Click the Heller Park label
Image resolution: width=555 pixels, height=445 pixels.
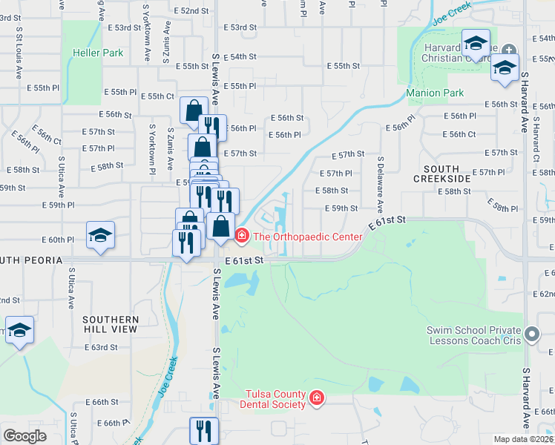pos(98,53)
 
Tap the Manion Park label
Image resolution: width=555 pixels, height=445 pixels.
pos(435,93)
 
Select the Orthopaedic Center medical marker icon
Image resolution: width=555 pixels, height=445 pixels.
pos(241,237)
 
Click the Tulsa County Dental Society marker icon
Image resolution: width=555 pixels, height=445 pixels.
pos(317,399)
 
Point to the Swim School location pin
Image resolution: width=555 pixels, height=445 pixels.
pos(531,335)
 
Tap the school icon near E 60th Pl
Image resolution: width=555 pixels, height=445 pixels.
pos(100,235)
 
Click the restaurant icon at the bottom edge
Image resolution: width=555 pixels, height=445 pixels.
pos(203,430)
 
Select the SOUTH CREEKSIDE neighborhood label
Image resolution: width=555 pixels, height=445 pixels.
pos(441,174)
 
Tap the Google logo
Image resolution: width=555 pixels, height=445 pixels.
pos(24,436)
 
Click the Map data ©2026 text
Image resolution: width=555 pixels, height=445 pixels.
pos(523,439)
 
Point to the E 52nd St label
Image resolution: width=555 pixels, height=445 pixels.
pos(191,11)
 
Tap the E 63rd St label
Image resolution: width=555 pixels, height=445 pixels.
pos(101,347)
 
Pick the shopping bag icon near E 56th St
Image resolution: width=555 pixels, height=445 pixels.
pos(193,111)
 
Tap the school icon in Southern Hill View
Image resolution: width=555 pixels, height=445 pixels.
pos(19,330)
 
